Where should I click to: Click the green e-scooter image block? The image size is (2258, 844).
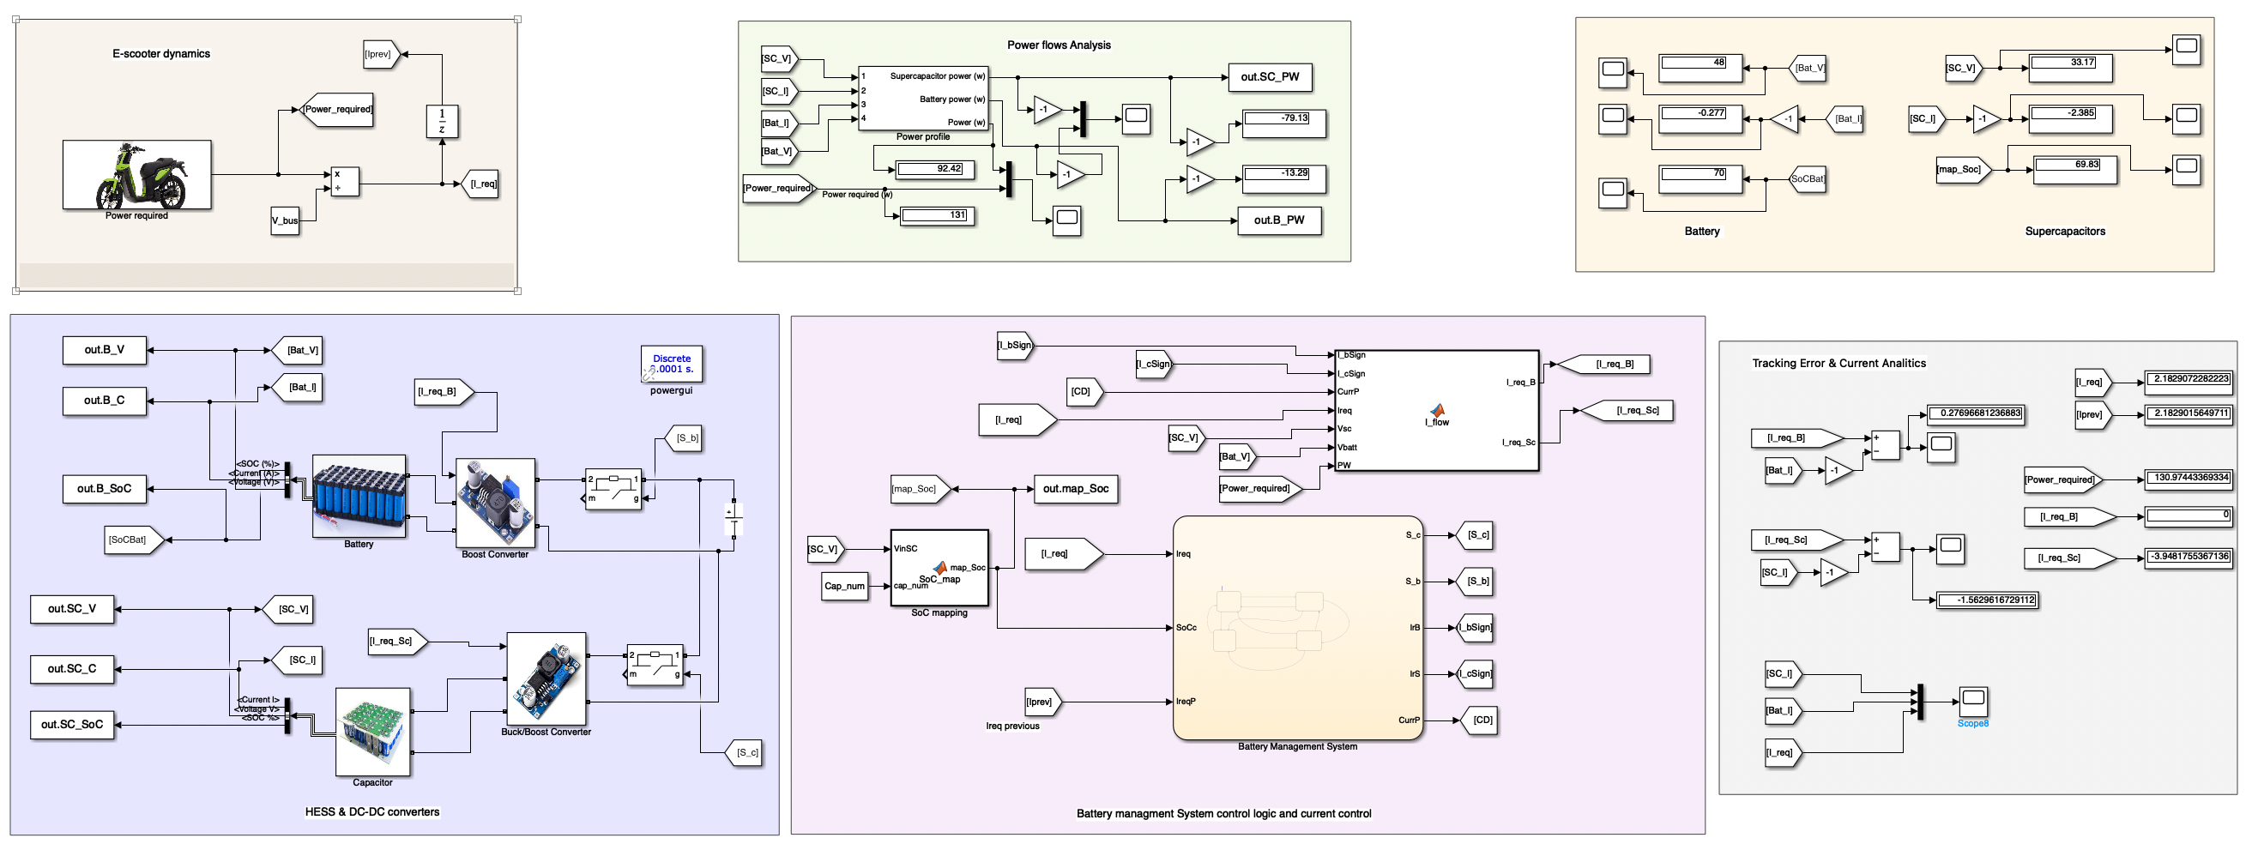pos(136,174)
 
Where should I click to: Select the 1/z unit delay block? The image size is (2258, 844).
pos(442,121)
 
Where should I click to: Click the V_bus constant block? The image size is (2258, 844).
pos(285,220)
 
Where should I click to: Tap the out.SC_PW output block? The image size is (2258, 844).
pos(1269,77)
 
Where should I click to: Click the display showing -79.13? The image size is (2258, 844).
pos(1284,123)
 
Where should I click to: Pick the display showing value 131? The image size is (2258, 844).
pos(937,215)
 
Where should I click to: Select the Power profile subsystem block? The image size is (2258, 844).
pos(923,98)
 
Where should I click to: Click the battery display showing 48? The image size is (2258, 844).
pos(1700,67)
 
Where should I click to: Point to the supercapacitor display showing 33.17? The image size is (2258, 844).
pos(2070,67)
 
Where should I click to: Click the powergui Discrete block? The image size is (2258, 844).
pos(672,364)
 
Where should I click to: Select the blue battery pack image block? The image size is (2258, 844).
pos(359,495)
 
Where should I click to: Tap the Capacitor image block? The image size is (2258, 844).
pos(372,731)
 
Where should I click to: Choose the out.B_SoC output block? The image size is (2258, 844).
pos(105,489)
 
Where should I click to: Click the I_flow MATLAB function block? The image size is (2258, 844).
pos(1436,410)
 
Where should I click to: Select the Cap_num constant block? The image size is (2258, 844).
pos(844,587)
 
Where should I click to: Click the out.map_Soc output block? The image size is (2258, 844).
pos(1076,489)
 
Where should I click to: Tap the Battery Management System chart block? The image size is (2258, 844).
pos(1296,628)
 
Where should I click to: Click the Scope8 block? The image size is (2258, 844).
pos(1972,701)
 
